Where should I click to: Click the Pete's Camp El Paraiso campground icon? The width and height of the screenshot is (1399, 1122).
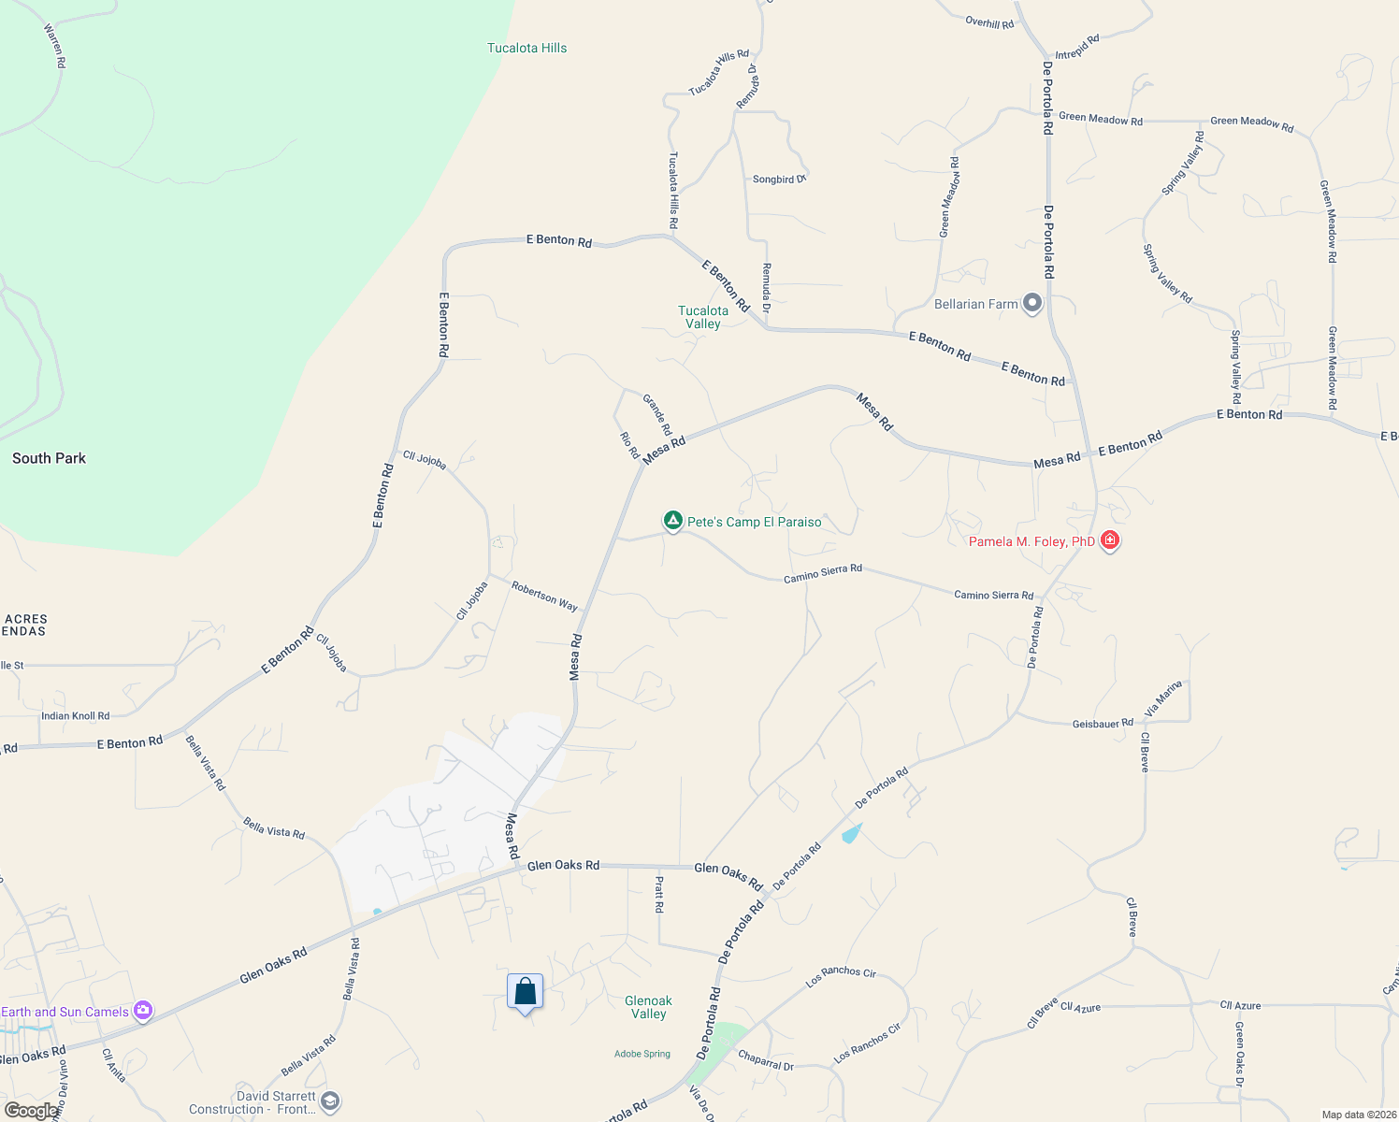672,520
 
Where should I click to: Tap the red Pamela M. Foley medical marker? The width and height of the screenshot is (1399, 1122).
1110,539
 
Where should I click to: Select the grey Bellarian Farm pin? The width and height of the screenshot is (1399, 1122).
1032,303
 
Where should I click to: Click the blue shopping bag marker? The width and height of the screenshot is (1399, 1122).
525,992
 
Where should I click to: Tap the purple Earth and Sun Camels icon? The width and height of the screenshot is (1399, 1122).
143,1010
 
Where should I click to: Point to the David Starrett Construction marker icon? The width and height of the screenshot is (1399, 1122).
329,1101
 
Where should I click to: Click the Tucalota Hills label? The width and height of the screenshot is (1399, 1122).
526,48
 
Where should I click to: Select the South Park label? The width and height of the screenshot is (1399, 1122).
49,458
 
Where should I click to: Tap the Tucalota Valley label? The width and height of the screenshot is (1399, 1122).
702,317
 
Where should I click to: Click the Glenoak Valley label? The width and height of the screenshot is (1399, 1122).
648,1007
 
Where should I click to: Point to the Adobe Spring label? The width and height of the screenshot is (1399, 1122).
642,1054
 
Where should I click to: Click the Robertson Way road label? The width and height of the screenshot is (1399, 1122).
544,596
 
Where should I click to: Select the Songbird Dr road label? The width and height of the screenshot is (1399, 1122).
778,179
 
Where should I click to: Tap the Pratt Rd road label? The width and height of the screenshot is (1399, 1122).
659,895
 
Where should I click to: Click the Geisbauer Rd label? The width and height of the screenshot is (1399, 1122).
1103,724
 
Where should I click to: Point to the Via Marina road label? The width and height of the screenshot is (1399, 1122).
1164,698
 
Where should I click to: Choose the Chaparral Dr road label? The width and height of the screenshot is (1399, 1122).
765,1060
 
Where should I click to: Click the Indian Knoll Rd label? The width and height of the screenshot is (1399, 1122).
75,716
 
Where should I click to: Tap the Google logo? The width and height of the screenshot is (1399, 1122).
31,1111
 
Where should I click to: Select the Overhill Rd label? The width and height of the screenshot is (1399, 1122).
989,22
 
